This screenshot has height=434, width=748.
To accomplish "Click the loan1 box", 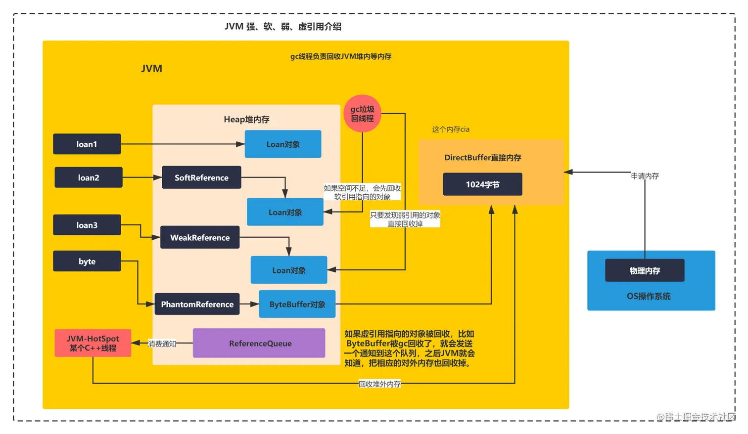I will point(87,144).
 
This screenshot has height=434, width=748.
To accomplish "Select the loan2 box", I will point(88,177).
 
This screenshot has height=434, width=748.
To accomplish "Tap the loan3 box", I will point(87,225).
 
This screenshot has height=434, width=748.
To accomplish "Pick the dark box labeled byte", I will point(87,261).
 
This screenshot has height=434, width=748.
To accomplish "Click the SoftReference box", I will point(201,177).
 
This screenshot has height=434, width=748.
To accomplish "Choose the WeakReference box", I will point(200,238).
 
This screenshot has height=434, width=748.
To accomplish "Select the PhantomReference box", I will point(197,304).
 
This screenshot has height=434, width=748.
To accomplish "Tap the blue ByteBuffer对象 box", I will point(297,304).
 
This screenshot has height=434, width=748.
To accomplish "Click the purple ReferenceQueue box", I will point(259,344).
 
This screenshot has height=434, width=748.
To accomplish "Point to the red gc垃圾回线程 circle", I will point(362,114).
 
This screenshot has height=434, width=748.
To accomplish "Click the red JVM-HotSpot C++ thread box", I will point(93,343).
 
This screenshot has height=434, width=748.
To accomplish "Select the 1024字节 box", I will point(482,184).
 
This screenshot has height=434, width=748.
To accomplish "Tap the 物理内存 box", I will point(645,271).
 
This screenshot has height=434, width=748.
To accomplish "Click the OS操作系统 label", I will point(649,296).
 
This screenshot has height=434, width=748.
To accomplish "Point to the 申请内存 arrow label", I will point(645,176).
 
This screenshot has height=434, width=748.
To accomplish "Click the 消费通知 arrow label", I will point(162,344).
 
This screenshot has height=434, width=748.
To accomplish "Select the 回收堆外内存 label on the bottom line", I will point(379,384).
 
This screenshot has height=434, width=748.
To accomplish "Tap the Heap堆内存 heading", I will point(246,120).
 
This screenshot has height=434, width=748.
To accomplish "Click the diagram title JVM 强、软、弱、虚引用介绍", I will point(283,27).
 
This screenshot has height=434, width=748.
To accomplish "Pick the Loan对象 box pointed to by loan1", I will point(283,144).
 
